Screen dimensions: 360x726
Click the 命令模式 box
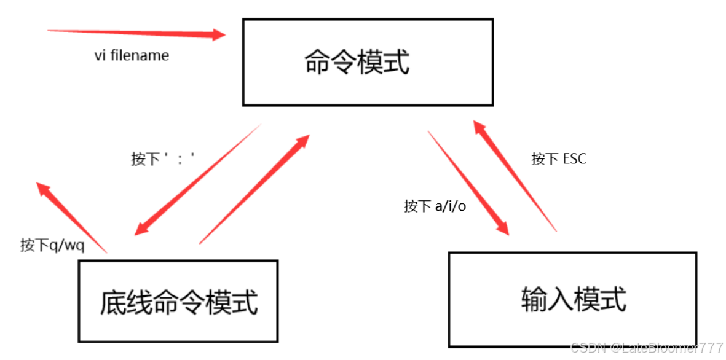(368, 62)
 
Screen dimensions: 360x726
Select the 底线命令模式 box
(178, 301)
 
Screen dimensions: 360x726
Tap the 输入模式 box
(572, 299)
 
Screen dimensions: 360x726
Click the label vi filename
(132, 55)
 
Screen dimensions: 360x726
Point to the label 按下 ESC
(559, 159)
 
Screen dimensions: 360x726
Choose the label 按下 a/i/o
(435, 206)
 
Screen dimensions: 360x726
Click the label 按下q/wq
(52, 246)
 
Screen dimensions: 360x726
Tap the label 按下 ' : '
(162, 159)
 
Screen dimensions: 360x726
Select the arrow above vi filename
(135, 33)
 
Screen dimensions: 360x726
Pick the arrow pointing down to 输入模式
(468, 182)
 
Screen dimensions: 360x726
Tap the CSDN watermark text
(647, 348)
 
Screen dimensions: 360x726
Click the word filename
(140, 55)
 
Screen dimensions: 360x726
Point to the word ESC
(574, 159)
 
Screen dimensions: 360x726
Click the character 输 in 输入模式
(532, 299)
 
